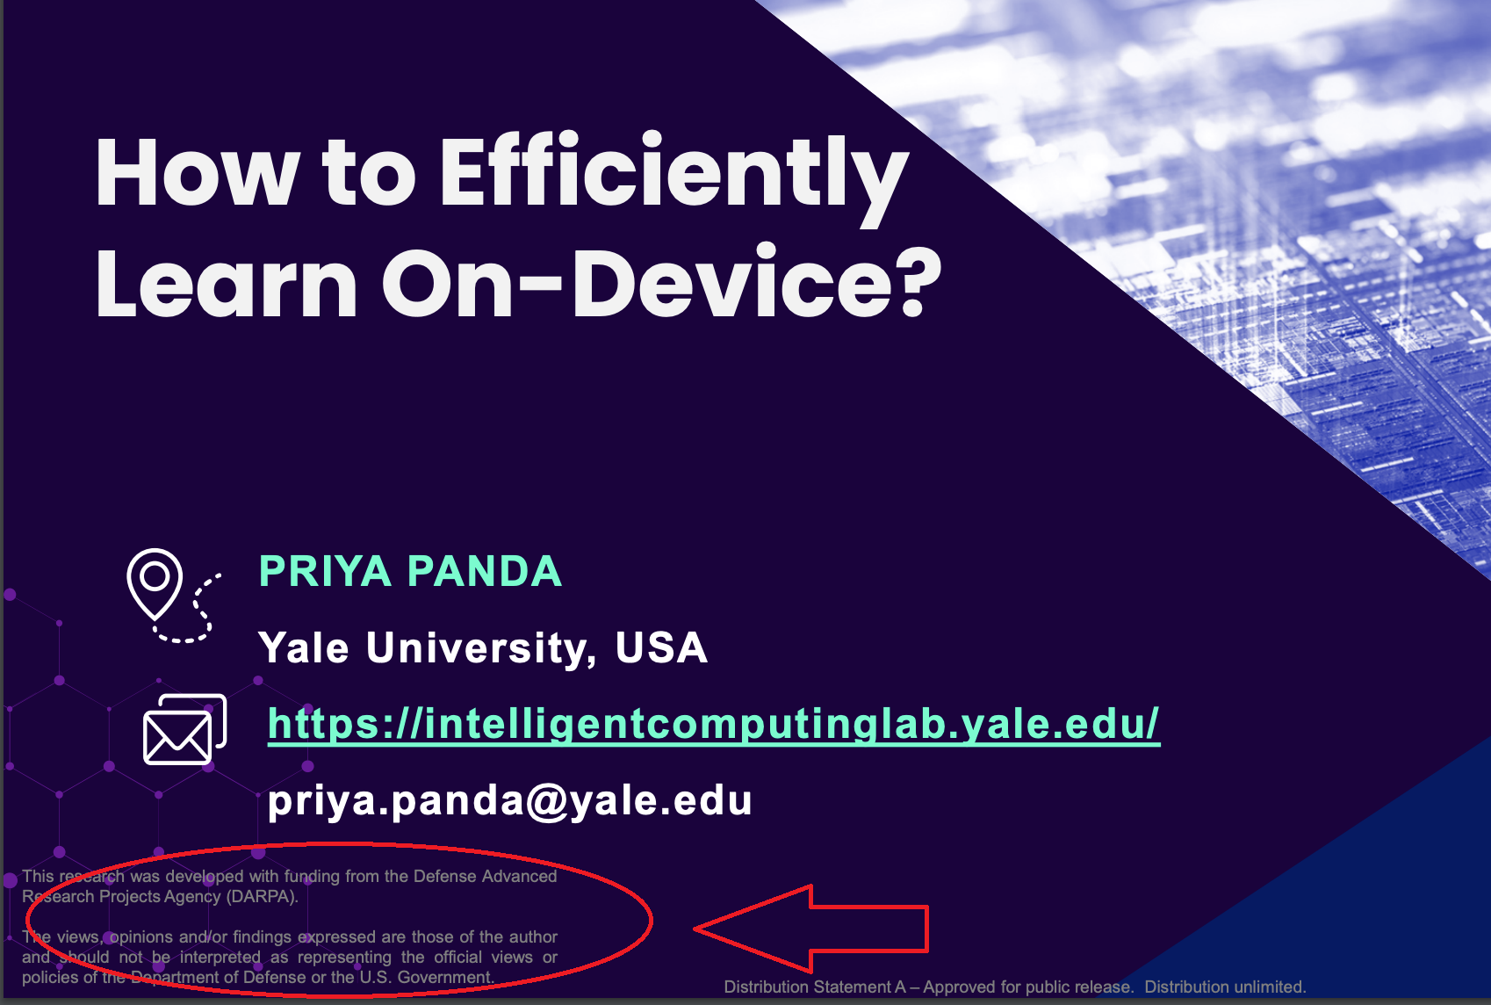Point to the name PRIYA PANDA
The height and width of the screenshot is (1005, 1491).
coord(410,571)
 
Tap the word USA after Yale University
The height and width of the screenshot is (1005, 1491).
coord(661,647)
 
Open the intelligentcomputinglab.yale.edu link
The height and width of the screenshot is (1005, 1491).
coord(714,724)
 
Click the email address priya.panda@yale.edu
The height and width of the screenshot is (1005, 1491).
coord(510,800)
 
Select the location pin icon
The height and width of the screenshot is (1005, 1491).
coord(155,583)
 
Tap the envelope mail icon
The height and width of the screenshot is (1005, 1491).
coord(184,729)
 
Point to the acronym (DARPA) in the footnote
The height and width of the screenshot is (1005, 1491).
coord(263,896)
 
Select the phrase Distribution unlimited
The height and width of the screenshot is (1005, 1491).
coord(1225,987)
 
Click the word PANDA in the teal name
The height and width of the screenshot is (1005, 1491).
coord(485,571)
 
